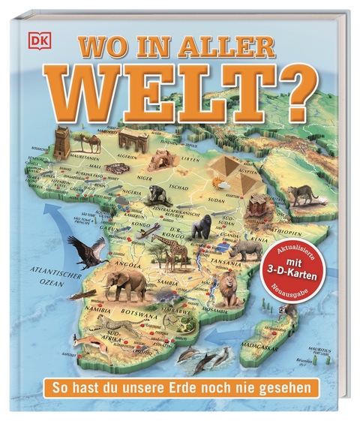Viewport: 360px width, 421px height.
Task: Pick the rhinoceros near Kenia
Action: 246,252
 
